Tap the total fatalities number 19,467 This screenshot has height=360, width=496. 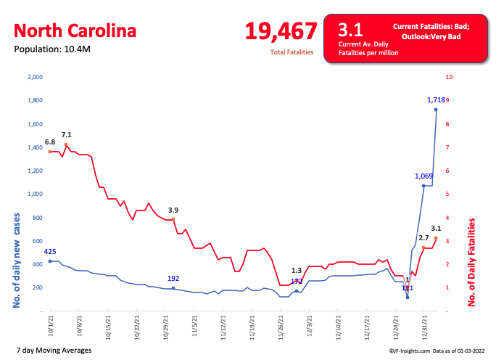[x=281, y=30]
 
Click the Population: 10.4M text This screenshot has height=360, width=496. [x=53, y=49]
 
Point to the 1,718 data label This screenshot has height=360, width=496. [x=436, y=99]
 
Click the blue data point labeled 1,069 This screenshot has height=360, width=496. [x=423, y=186]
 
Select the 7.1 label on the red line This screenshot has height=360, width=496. [x=66, y=134]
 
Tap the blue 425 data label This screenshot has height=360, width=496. [x=50, y=251]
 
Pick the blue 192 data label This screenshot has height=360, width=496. [x=173, y=278]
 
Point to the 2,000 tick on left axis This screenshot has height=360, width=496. [x=36, y=77]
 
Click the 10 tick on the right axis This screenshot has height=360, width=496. [x=450, y=77]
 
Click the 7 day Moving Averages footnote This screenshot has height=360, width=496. [x=54, y=351]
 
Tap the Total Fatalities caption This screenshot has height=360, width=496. [x=292, y=53]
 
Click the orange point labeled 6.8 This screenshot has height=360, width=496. [x=50, y=152]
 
